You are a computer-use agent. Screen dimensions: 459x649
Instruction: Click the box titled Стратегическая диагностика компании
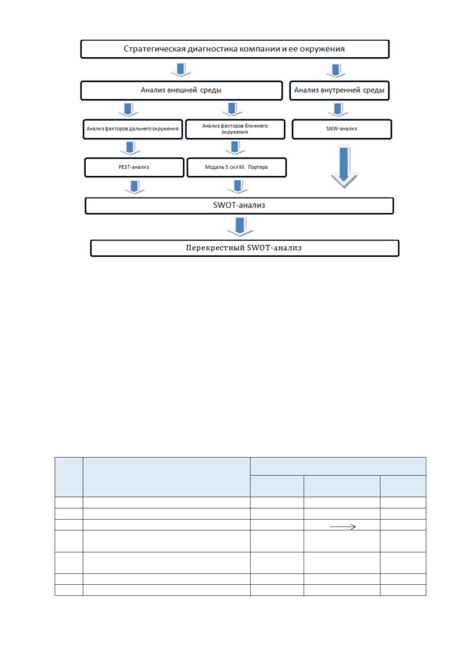[235, 49]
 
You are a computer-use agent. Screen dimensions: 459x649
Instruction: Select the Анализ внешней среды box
[182, 91]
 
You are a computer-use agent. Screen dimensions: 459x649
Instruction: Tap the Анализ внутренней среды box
[339, 91]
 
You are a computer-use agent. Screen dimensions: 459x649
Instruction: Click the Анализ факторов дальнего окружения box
[133, 129]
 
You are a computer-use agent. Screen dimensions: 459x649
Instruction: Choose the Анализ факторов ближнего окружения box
[235, 129]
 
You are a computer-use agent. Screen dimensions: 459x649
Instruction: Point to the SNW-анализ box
[342, 129]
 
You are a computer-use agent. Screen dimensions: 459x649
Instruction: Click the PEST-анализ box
[134, 167]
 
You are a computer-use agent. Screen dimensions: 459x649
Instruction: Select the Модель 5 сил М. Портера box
[237, 167]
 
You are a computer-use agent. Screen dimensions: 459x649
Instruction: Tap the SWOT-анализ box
[239, 206]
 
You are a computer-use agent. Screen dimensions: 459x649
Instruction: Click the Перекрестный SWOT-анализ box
[245, 248]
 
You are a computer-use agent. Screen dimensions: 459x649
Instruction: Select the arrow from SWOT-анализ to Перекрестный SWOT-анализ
[240, 227]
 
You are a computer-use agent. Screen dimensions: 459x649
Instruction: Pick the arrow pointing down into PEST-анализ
[130, 148]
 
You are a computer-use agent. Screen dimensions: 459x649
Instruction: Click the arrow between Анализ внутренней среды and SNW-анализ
[338, 109]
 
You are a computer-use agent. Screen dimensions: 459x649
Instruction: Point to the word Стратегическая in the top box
[155, 49]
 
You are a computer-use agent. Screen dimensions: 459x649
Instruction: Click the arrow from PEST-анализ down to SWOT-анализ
[134, 187]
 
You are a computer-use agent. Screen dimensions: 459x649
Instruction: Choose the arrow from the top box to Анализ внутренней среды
[336, 71]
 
